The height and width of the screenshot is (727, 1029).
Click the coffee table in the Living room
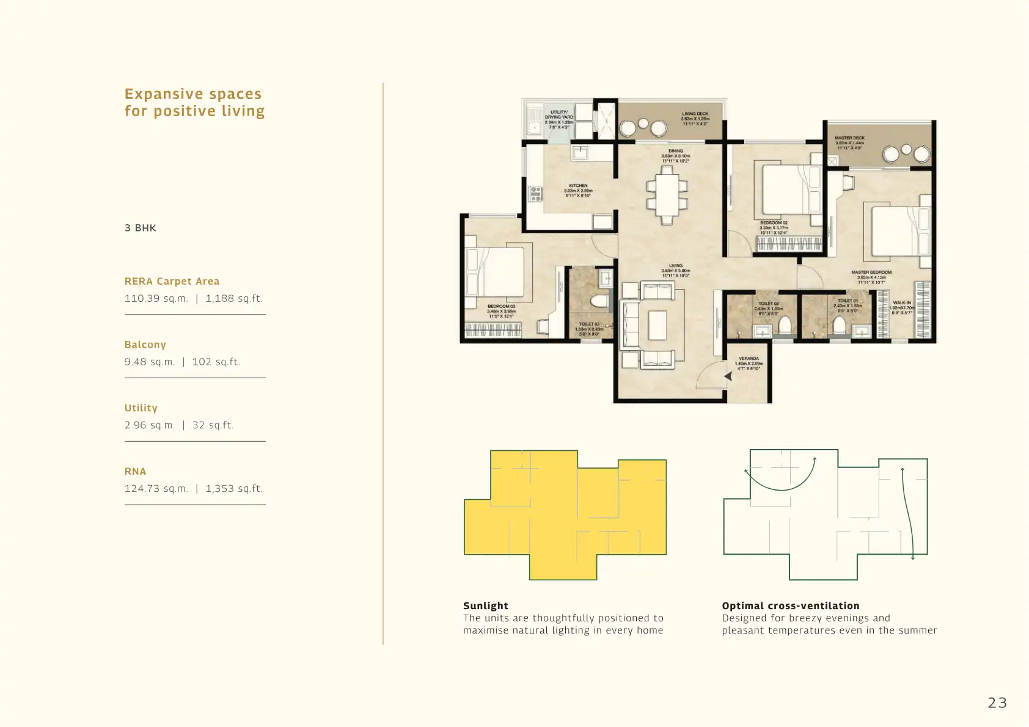click(x=657, y=325)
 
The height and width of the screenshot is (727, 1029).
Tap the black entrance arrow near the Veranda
click(x=728, y=376)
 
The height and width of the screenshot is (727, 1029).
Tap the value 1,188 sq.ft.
click(x=234, y=299)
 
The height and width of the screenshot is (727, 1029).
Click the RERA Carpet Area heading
click(x=172, y=282)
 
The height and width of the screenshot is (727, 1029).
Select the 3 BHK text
click(x=141, y=228)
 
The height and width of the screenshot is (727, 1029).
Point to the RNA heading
click(x=135, y=472)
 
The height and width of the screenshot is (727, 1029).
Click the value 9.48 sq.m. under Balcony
click(x=150, y=362)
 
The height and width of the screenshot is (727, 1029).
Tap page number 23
click(x=997, y=703)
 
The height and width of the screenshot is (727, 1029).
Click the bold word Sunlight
click(x=485, y=605)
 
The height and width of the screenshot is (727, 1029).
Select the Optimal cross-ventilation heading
click(x=790, y=605)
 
